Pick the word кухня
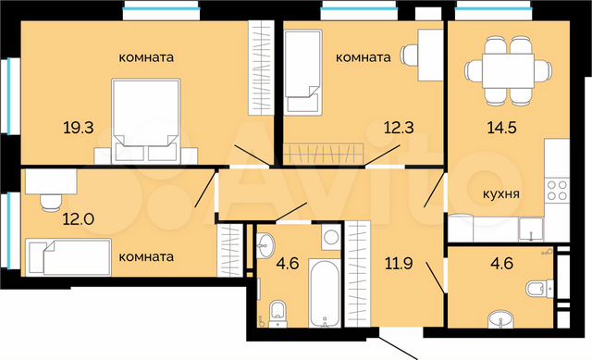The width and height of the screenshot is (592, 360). [x=499, y=195]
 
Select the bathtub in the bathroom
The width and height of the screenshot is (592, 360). [x=326, y=295]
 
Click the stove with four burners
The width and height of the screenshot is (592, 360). [x=557, y=192]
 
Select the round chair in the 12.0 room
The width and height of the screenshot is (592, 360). [x=52, y=200]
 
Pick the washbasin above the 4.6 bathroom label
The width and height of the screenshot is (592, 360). [x=265, y=245]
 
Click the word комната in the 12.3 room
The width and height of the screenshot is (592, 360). [x=363, y=57]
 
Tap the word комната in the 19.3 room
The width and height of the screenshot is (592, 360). [x=147, y=57]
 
